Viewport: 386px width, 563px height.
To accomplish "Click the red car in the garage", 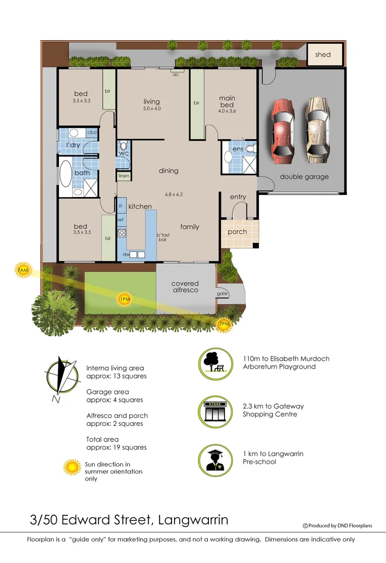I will click(283, 127).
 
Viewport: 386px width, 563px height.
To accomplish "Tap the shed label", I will click(322, 54).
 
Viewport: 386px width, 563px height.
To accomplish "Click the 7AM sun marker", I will click(22, 271).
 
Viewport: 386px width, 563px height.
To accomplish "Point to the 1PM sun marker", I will click(124, 299).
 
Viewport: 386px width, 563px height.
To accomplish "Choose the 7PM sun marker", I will click(224, 324).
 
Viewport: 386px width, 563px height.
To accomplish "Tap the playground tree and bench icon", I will click(215, 365).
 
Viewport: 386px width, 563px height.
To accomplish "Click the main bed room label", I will click(227, 102).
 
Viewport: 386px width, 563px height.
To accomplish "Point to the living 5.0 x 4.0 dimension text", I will click(152, 109).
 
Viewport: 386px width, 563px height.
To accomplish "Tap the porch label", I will click(237, 232).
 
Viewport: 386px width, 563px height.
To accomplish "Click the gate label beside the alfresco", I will click(222, 294).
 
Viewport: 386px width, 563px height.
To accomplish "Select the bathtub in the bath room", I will click(66, 174).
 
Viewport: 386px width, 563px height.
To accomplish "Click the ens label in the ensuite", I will click(238, 149).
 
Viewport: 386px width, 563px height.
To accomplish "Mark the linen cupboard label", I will click(123, 176).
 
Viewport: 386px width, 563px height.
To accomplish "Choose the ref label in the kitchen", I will click(120, 219).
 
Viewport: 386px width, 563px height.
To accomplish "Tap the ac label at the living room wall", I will click(177, 74).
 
